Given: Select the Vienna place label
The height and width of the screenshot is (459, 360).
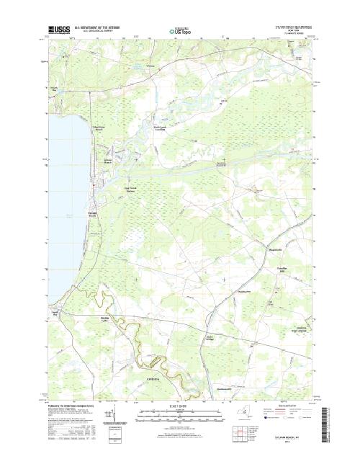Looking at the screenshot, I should click(x=150, y=66).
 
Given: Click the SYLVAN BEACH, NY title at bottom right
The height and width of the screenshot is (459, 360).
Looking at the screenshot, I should click(x=291, y=437).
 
